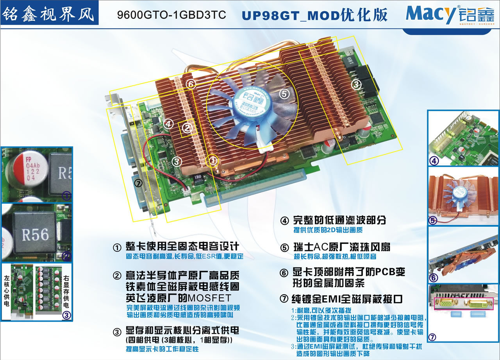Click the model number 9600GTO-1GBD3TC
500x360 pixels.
171,15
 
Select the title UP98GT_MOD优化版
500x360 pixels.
314,15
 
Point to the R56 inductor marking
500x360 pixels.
35,234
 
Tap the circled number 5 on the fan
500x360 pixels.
284,93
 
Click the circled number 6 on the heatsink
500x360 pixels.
190,84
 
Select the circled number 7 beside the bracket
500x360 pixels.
137,183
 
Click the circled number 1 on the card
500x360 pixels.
213,160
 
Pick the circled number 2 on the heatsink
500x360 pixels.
187,127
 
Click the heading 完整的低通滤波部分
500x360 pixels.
339,220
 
